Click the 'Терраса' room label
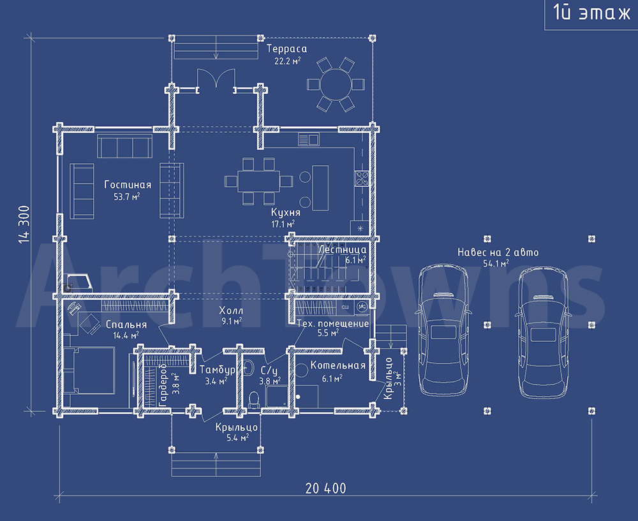tap(287, 49)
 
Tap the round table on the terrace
tap(336, 84)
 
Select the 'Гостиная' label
tap(128, 185)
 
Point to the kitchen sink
tap(308, 140)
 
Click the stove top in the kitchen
tap(362, 179)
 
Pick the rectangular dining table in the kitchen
tap(259, 181)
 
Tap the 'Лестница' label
tap(342, 249)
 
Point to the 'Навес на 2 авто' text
tap(498, 252)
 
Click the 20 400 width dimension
tap(325, 488)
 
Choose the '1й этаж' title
tap(591, 13)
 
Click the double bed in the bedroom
tap(89, 370)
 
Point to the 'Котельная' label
tap(338, 365)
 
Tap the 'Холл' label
tap(231, 311)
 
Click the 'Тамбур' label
tap(218, 370)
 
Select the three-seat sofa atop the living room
tap(124, 146)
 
